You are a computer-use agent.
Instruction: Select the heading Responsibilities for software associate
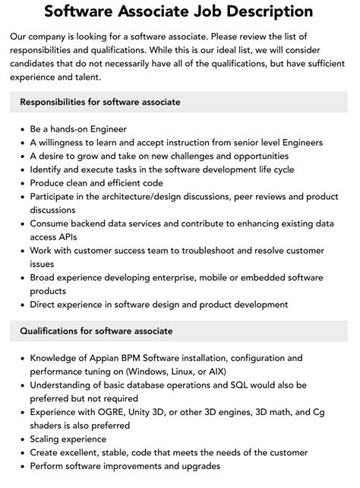[x=101, y=102]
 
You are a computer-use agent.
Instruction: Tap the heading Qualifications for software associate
[x=96, y=331]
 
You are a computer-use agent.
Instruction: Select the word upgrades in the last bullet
[x=196, y=465]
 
